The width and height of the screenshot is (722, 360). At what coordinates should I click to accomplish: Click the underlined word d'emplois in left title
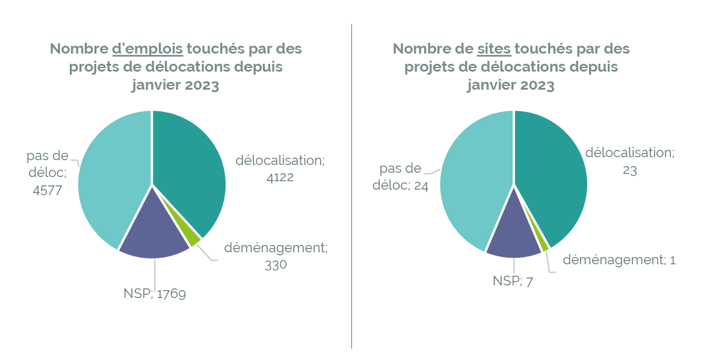147,49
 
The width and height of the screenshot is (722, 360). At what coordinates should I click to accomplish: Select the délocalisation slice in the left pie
190,169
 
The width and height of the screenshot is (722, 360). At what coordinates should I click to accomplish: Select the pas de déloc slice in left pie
111,175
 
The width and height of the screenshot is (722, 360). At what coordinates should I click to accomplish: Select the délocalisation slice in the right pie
551,175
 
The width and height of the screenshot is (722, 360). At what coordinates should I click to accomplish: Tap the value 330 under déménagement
276,265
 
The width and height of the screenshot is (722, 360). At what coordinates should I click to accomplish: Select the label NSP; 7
513,281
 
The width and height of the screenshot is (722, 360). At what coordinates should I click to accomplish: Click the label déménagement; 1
619,260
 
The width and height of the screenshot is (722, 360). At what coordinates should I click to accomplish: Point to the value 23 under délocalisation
629,170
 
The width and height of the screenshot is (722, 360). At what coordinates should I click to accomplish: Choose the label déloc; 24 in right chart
400,186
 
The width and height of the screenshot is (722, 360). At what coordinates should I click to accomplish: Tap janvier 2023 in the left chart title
175,85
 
